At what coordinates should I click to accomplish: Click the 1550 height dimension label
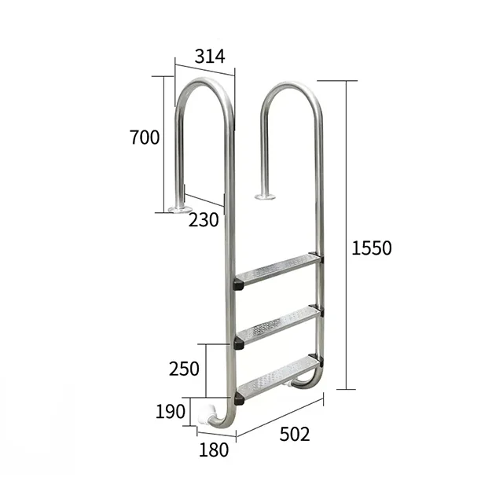click(371, 248)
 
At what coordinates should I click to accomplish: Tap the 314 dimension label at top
click(210, 57)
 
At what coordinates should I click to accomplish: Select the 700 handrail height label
click(145, 138)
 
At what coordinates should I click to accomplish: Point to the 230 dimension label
click(204, 221)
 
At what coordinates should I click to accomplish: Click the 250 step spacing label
click(184, 369)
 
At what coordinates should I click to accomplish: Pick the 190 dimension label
click(171, 410)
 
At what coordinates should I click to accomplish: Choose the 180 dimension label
click(214, 450)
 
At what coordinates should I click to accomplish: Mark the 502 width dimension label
click(295, 434)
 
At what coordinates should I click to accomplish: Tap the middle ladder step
click(277, 325)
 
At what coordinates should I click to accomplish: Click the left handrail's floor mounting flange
click(179, 209)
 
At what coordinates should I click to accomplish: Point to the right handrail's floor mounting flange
click(266, 196)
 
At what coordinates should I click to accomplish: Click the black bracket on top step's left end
click(238, 284)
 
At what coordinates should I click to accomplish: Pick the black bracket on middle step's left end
click(238, 343)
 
